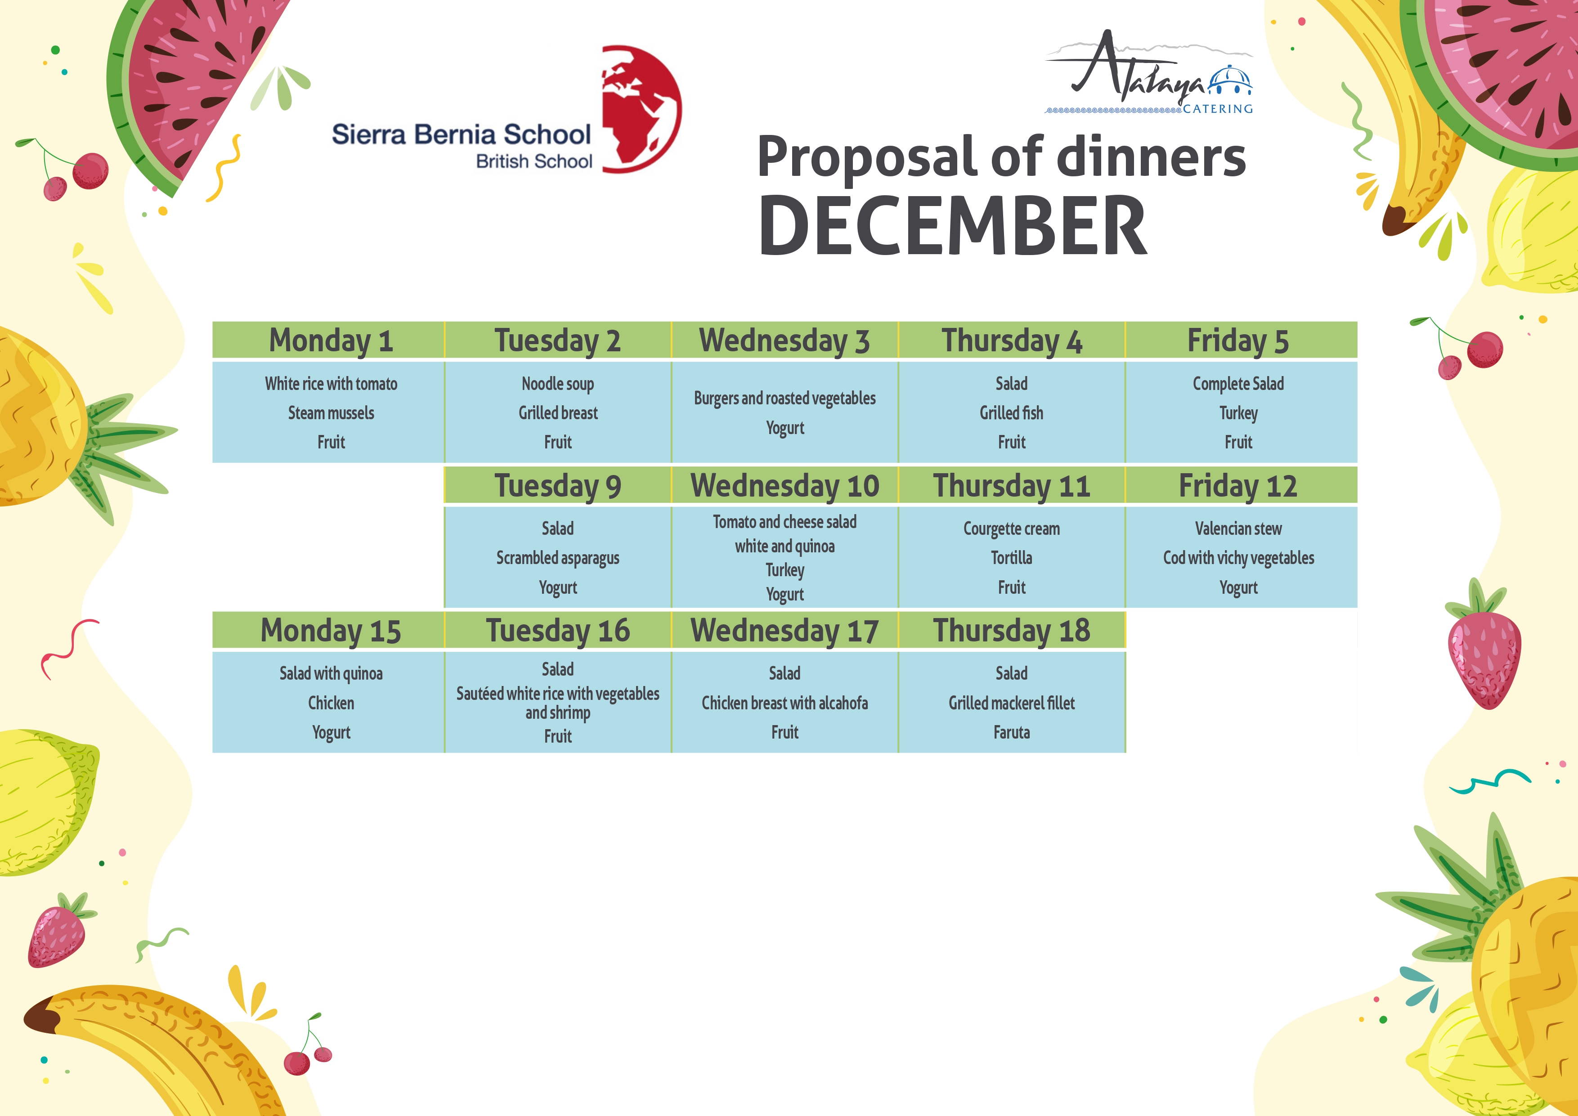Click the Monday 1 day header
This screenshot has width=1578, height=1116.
click(331, 341)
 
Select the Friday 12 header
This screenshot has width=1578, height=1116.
click(1238, 486)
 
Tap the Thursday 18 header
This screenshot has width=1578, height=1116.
click(1011, 631)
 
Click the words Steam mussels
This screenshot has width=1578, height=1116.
click(331, 413)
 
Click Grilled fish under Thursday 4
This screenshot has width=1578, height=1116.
click(1011, 413)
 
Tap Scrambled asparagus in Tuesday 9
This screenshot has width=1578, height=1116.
click(557, 558)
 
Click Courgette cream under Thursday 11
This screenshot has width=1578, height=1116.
click(1011, 529)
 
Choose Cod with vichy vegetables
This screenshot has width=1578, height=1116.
click(1238, 558)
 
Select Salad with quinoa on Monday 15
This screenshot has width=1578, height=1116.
click(331, 673)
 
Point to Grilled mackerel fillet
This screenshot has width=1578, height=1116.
click(1011, 703)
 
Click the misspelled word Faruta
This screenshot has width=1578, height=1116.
click(1011, 733)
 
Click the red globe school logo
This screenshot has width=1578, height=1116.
click(641, 108)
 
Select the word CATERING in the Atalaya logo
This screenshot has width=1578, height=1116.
click(1217, 108)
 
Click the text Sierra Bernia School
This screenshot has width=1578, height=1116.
click(461, 134)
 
